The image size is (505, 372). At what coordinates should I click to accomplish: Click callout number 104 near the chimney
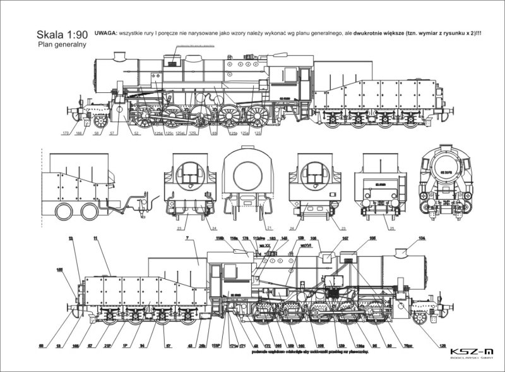tap(422, 239)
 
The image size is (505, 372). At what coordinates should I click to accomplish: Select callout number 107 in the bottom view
tap(345, 239)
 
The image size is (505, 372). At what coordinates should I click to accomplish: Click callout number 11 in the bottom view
tap(95, 239)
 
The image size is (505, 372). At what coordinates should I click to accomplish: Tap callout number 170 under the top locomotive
tap(65, 134)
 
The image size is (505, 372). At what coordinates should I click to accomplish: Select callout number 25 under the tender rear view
tap(375, 227)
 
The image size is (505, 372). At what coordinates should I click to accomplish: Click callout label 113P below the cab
tap(216, 346)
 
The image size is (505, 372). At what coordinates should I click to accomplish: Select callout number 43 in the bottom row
tap(190, 346)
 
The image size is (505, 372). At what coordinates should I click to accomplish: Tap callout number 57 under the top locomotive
tap(112, 134)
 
